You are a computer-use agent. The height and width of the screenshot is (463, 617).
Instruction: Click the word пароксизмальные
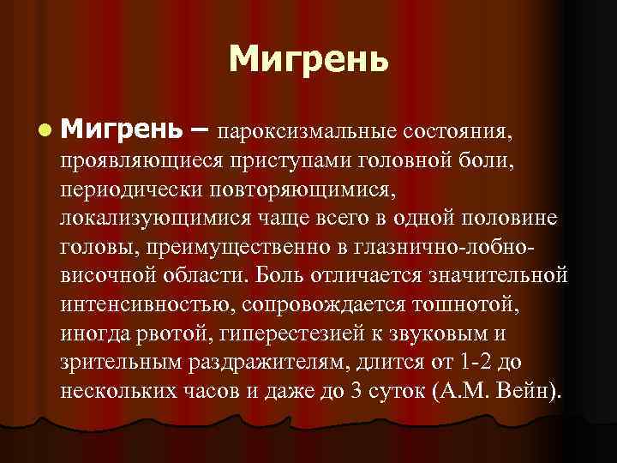tap(304, 133)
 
